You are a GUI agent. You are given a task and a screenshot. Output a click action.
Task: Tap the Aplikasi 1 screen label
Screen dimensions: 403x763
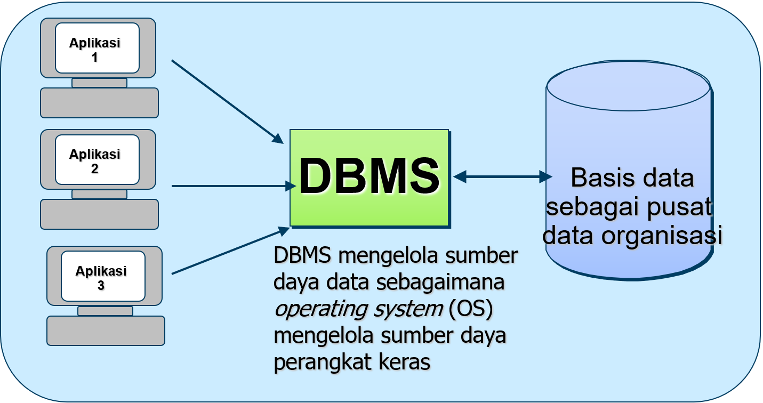tap(95, 50)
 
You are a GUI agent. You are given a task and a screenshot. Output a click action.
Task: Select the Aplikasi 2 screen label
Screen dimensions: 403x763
tap(95, 161)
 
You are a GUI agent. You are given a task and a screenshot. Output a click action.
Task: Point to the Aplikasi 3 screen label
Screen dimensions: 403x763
tap(101, 278)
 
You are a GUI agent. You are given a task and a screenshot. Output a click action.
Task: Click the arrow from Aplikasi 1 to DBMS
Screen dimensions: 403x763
tap(226, 101)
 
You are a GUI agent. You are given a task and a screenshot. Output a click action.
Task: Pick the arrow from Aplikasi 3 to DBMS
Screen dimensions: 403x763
tap(229, 252)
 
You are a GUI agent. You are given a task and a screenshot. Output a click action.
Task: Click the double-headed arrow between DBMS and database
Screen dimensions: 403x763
tap(502, 176)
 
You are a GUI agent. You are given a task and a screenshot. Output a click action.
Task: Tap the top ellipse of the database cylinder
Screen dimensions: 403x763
tap(628, 85)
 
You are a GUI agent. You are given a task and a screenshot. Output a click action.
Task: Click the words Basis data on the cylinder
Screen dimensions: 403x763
tap(632, 178)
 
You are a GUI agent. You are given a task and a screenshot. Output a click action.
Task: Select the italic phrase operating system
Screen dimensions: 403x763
tap(358, 310)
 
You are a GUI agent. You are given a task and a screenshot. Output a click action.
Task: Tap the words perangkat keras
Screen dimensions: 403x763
tap(352, 362)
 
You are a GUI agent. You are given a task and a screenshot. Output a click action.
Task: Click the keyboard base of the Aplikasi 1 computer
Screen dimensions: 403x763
tap(99, 103)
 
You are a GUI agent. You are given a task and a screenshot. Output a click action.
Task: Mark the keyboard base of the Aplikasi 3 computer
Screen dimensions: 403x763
tap(106, 331)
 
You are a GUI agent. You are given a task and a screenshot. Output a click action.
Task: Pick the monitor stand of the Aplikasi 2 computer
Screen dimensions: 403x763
tap(99, 194)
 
